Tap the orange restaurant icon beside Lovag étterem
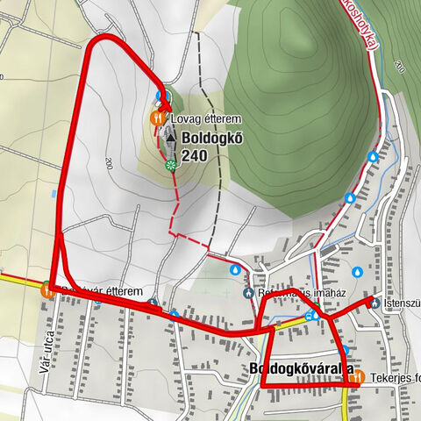(157, 115)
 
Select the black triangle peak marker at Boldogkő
(170, 139)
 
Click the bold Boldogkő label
(210, 139)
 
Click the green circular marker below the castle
(169, 163)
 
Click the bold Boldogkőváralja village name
(301, 369)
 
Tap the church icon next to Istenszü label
(375, 303)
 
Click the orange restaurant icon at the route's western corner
(46, 288)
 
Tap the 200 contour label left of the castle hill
(108, 162)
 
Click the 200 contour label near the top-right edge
(401, 67)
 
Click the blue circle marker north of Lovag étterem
(159, 95)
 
